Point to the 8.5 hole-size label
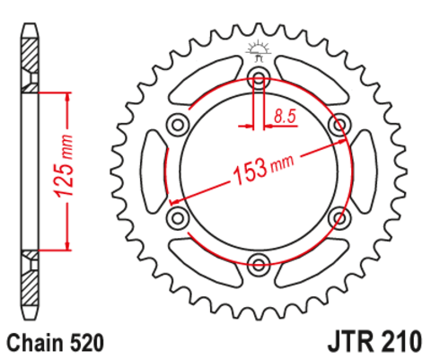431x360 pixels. [x=286, y=115]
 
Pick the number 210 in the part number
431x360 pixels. [x=399, y=342]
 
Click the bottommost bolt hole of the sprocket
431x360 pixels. [x=259, y=264]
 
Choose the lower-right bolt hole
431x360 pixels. [x=340, y=217]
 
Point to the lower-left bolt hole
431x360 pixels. [x=177, y=217]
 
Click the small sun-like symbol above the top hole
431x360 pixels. [x=259, y=48]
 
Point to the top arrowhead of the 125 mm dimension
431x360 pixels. [x=66, y=96]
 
